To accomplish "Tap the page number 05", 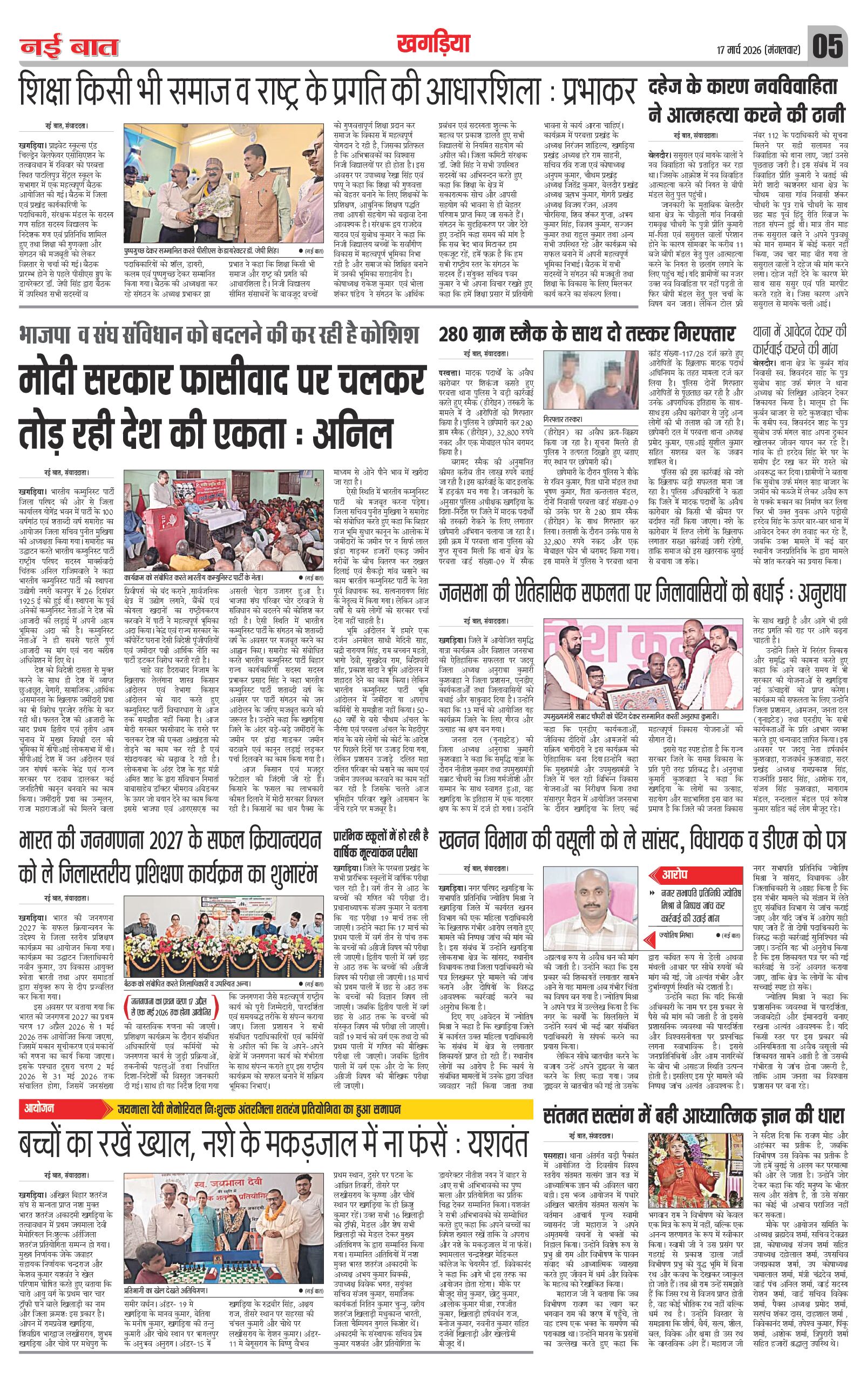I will [827, 46].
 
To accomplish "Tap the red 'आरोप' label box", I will [675, 876].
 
